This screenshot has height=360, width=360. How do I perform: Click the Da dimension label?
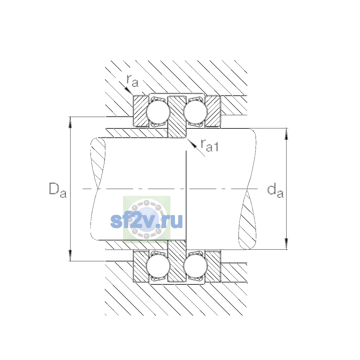pyautogui.click(x=58, y=190)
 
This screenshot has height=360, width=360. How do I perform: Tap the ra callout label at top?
pyautogui.click(x=133, y=81)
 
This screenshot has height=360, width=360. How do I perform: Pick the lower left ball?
pyautogui.click(x=158, y=266)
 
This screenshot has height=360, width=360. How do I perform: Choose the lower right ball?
pyautogui.click(x=195, y=266)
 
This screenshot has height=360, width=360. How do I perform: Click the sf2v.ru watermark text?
pyautogui.click(x=146, y=221)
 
